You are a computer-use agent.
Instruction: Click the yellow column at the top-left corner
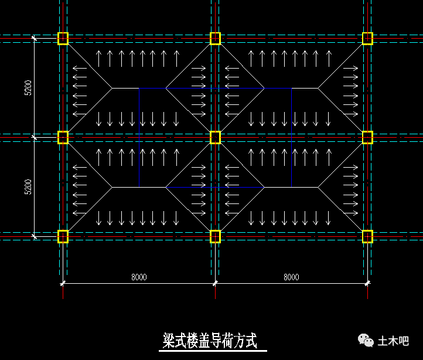tap(63, 38)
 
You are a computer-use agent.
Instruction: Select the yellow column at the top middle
tap(215, 38)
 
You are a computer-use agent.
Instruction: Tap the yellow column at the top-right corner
tap(367, 38)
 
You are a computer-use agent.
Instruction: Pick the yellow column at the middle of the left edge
tap(63, 137)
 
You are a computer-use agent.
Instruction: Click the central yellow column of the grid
tap(215, 137)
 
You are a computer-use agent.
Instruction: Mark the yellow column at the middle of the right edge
tap(367, 137)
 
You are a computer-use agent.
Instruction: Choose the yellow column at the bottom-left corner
tap(63, 236)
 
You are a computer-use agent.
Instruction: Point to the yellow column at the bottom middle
tap(215, 236)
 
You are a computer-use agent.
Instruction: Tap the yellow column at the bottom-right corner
tap(367, 236)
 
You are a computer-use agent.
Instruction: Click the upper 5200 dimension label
tap(28, 88)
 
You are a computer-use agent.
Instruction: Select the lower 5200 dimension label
tap(28, 187)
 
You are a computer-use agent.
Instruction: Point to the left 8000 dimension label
tap(139, 277)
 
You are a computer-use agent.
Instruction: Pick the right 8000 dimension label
tap(291, 277)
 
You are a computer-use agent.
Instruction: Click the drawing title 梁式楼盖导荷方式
tap(210, 341)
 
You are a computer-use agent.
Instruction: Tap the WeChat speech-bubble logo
tap(366, 340)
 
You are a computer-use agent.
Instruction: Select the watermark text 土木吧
tap(393, 341)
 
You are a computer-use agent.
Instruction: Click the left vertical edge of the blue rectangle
tap(139, 137)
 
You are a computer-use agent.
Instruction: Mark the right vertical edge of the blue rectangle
tap(291, 137)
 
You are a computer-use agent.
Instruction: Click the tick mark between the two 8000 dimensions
tap(215, 283)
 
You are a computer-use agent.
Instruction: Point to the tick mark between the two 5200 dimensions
tap(34, 137)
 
